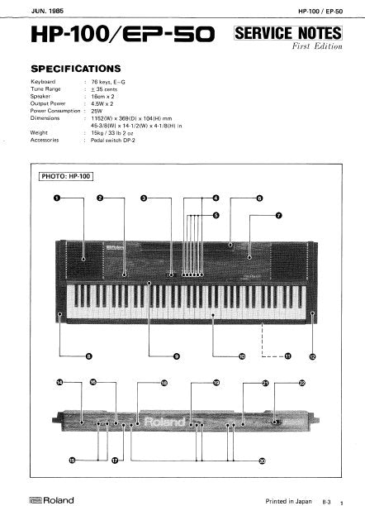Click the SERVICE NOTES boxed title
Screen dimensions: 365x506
[x=287, y=34]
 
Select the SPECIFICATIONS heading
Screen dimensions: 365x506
[x=75, y=69]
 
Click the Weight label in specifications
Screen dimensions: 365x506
[x=39, y=132]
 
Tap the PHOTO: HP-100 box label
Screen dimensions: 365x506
[x=65, y=176]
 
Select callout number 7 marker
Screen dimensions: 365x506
[x=278, y=215]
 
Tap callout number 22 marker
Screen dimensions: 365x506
[x=302, y=383]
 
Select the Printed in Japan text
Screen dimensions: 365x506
[x=289, y=500]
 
